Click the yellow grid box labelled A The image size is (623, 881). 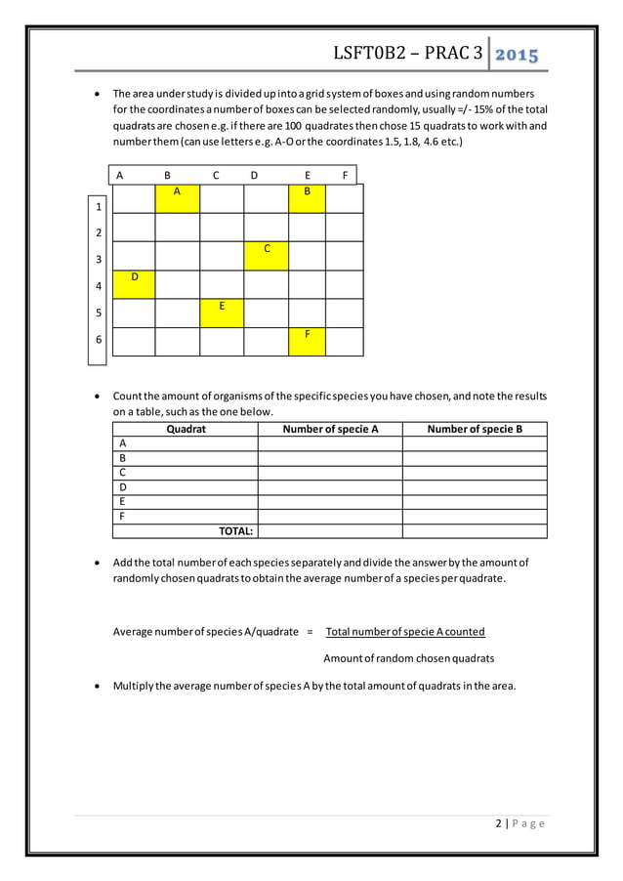[177, 198]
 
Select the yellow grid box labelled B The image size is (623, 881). [307, 198]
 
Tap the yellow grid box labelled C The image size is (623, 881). [267, 256]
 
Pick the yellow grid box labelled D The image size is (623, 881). [135, 284]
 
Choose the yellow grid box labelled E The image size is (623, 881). [222, 313]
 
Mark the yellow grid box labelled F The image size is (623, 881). [307, 341]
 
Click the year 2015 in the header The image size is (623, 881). [518, 54]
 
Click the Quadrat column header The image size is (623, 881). [186, 429]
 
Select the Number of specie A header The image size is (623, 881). [330, 429]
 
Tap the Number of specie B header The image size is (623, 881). [475, 429]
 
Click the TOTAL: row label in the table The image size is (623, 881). [235, 531]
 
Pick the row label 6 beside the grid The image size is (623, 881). [98, 341]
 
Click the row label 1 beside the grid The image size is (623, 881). [98, 207]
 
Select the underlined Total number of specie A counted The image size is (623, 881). [405, 631]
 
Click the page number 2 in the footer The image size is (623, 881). [498, 823]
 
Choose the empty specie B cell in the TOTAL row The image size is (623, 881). [475, 531]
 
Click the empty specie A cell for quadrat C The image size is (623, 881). [330, 473]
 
